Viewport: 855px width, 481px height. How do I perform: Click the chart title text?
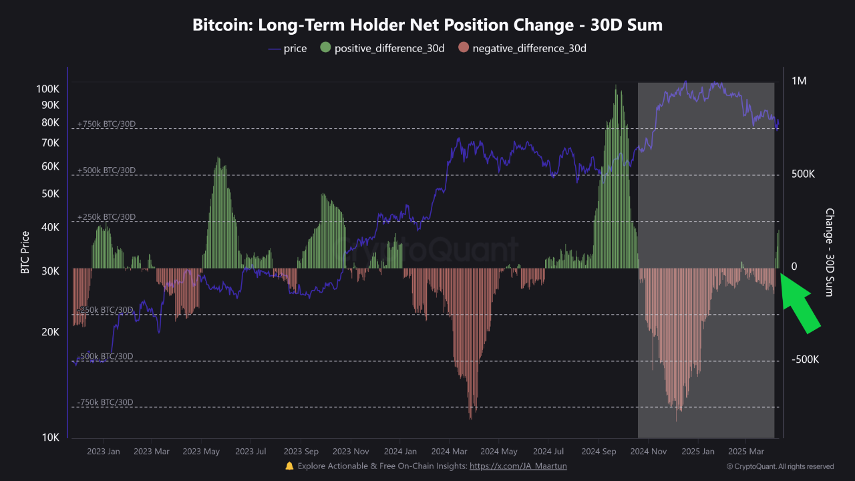[427, 25]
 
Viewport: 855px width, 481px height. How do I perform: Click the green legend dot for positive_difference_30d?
[325, 48]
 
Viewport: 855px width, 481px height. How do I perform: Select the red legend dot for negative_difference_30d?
[464, 48]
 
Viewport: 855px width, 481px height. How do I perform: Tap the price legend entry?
[287, 48]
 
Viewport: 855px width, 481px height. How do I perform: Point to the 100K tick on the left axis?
[47, 89]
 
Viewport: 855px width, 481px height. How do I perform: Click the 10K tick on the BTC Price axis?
[50, 438]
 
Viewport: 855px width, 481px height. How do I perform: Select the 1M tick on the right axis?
[799, 81]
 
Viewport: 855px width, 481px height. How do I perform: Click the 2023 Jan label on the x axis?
[104, 452]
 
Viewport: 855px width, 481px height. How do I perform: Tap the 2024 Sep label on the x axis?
[601, 452]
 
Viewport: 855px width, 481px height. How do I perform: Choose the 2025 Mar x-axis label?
[746, 452]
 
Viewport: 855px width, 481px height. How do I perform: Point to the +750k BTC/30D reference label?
[106, 124]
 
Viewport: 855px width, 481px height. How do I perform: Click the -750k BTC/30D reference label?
[105, 402]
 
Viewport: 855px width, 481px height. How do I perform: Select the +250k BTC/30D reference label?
[106, 217]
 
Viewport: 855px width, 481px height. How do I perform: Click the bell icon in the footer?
[289, 466]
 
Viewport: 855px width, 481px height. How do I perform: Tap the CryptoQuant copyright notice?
[780, 466]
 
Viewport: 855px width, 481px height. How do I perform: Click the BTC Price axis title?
[25, 253]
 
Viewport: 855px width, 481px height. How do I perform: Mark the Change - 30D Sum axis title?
[830, 253]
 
